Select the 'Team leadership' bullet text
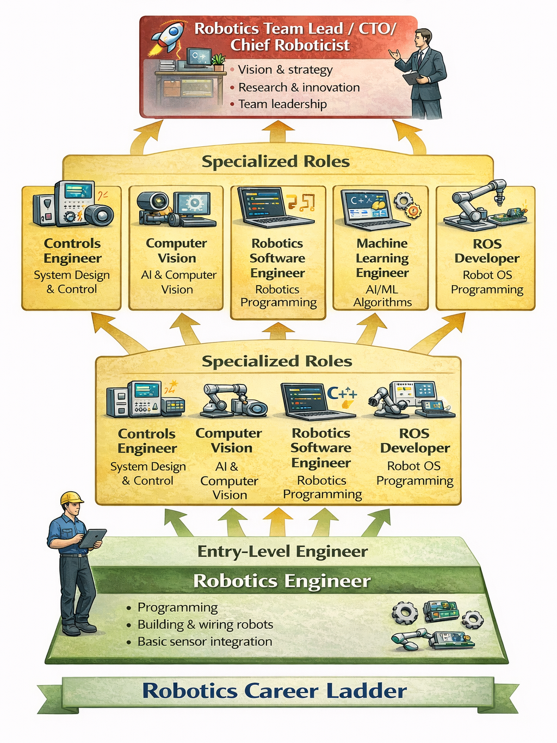(282, 104)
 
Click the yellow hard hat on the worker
(71, 497)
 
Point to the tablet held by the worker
(92, 538)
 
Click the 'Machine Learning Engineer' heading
(382, 258)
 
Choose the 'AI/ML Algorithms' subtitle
(382, 296)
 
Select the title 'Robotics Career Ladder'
(274, 691)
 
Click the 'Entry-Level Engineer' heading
(282, 552)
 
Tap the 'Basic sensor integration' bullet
(205, 642)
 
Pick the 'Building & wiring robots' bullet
(205, 624)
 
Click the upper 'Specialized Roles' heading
(275, 162)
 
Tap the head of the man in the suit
(423, 38)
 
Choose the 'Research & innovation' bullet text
(299, 87)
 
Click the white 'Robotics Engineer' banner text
(282, 581)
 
